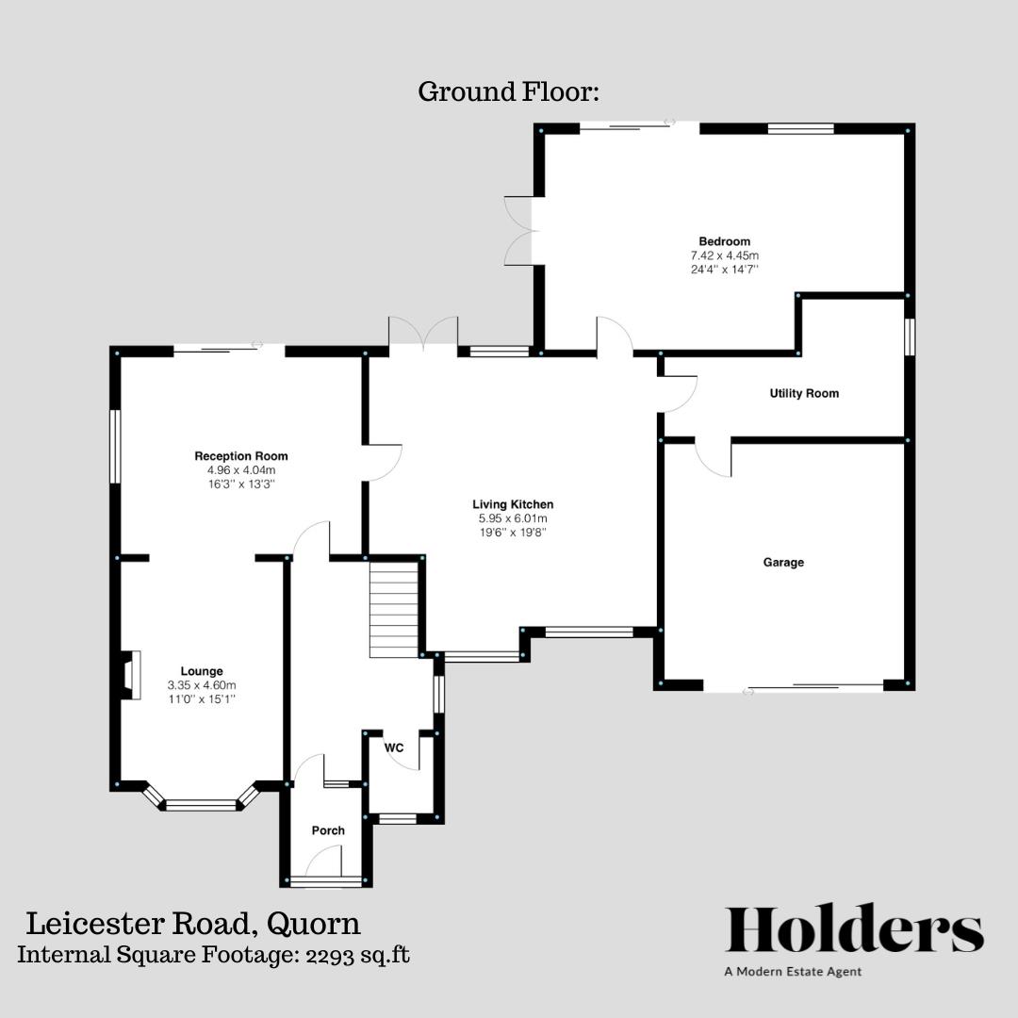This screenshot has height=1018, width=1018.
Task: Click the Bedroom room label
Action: pos(724,241)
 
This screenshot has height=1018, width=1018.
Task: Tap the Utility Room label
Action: pos(804,393)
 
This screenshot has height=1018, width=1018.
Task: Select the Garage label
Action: pos(783,563)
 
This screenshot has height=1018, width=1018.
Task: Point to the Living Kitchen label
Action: pos(513,504)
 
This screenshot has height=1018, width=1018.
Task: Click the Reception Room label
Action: pos(241,456)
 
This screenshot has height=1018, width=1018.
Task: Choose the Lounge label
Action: pos(202,671)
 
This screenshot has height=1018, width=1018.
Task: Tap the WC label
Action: pos(394,747)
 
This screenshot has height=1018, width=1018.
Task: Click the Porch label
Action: pos(328,830)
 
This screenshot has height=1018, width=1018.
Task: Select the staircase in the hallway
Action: pos(394,609)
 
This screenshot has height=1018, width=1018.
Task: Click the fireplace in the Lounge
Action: pos(129,675)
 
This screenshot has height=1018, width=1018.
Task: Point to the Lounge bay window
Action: pos(201,803)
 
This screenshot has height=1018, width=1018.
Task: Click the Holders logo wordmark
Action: pos(854,929)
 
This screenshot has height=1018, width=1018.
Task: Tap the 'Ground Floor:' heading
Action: pos(509,92)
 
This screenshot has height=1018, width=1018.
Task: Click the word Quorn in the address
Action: pos(314,922)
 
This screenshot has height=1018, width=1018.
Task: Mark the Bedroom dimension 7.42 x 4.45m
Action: pos(724,255)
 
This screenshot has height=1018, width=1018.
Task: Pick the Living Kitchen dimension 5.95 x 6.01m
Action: pos(513,518)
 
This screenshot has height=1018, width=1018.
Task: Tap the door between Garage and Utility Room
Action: pos(714,457)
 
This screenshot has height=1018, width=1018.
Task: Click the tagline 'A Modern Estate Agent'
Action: pos(793,972)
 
